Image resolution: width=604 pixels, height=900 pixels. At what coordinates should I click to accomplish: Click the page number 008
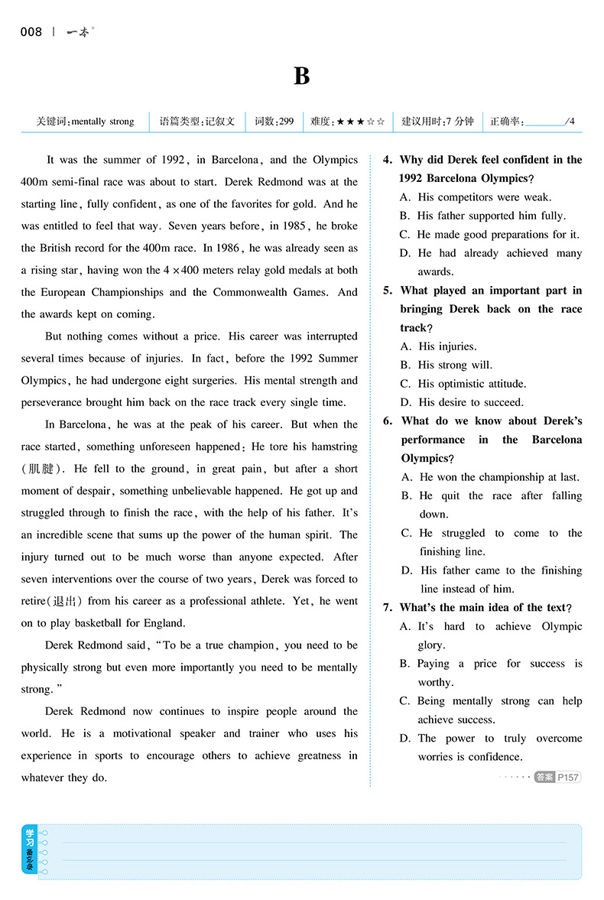pos(31,31)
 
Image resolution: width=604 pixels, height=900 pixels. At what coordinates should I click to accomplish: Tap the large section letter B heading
pos(301,76)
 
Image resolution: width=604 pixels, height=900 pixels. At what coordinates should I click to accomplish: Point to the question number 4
pos(388,160)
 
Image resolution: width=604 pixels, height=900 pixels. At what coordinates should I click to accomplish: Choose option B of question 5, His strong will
pos(455,365)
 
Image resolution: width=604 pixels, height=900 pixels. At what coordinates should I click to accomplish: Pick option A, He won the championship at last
pos(499,477)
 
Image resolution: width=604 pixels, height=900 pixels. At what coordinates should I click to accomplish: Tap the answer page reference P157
pos(568,777)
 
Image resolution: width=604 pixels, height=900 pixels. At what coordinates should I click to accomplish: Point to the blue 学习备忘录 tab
pos(30,849)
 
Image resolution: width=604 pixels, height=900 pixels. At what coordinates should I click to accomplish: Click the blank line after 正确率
pos(544,122)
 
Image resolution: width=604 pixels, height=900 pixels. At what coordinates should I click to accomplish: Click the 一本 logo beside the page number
pos(77,31)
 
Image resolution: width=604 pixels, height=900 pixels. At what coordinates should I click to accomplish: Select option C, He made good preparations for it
pos(498,235)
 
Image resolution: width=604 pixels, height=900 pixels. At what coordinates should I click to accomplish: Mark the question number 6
pos(388,421)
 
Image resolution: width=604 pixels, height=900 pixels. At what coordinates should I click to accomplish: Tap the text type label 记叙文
pos(219,122)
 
